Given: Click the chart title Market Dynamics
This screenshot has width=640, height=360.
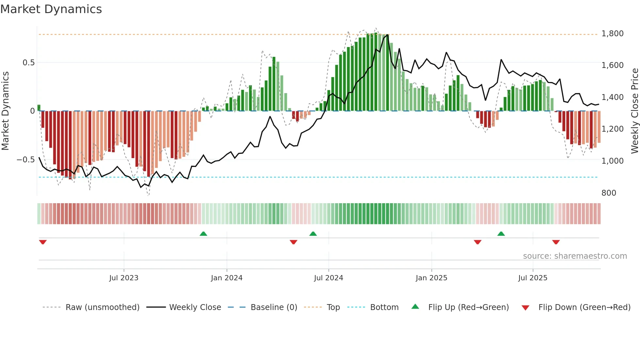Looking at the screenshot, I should point(51,9).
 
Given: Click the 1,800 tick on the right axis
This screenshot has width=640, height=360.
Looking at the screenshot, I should point(612,34).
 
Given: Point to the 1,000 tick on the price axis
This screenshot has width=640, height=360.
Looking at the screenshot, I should point(612,161).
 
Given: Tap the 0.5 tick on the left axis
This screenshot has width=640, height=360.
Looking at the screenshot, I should point(28,62).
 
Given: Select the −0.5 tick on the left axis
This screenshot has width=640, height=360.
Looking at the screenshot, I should point(26,160).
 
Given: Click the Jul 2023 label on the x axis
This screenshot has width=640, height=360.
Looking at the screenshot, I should point(124,278).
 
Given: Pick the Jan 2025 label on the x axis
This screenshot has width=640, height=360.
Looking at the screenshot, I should point(431,278).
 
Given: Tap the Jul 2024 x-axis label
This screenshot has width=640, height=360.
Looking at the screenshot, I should point(328,278).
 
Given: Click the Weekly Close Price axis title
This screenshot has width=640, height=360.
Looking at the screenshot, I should point(634,111).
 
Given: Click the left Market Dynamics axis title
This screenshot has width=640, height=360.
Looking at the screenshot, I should point(5,111).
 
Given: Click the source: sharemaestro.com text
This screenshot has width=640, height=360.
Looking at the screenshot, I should point(575,256).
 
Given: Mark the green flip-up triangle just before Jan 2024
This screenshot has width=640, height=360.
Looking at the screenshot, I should point(203,234).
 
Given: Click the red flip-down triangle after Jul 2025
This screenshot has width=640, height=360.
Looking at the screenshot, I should point(556,242).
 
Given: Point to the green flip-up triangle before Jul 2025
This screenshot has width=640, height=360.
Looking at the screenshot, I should point(501,234).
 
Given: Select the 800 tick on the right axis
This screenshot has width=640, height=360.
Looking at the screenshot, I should point(609,193).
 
